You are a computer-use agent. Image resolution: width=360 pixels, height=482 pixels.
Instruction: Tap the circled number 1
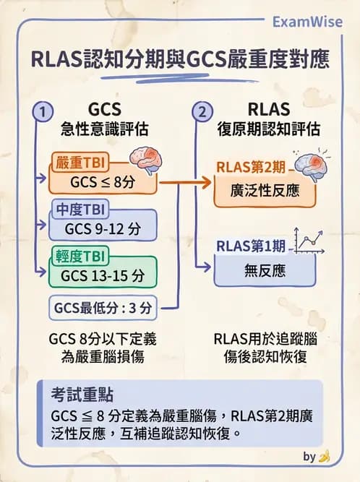(x=43, y=112)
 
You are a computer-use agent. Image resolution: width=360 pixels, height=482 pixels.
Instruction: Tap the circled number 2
(x=202, y=112)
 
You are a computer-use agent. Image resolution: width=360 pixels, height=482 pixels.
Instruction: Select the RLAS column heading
(x=268, y=110)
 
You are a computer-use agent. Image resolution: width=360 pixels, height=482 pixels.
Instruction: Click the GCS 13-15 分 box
(x=103, y=275)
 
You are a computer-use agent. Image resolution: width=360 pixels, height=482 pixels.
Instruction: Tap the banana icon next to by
(x=326, y=456)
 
